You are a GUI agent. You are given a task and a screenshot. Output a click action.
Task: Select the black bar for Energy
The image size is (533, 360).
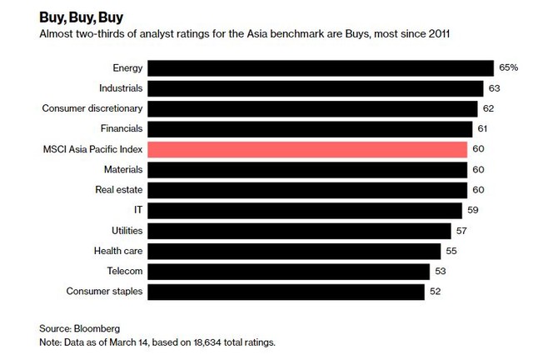click(x=321, y=68)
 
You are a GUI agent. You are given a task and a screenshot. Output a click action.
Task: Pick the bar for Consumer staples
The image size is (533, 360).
click(x=286, y=291)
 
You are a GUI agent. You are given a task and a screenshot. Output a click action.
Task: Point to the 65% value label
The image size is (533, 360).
click(x=509, y=68)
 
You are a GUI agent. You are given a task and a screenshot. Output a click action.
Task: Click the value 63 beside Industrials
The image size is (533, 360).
click(x=495, y=88)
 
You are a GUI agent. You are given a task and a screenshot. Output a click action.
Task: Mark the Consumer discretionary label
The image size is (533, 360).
click(x=92, y=108)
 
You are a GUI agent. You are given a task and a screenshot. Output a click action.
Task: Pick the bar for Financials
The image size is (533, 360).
click(x=311, y=129)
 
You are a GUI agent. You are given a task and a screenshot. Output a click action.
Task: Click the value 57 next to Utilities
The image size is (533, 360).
click(x=464, y=230)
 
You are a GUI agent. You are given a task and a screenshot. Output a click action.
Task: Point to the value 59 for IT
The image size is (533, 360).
click(x=474, y=210)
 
